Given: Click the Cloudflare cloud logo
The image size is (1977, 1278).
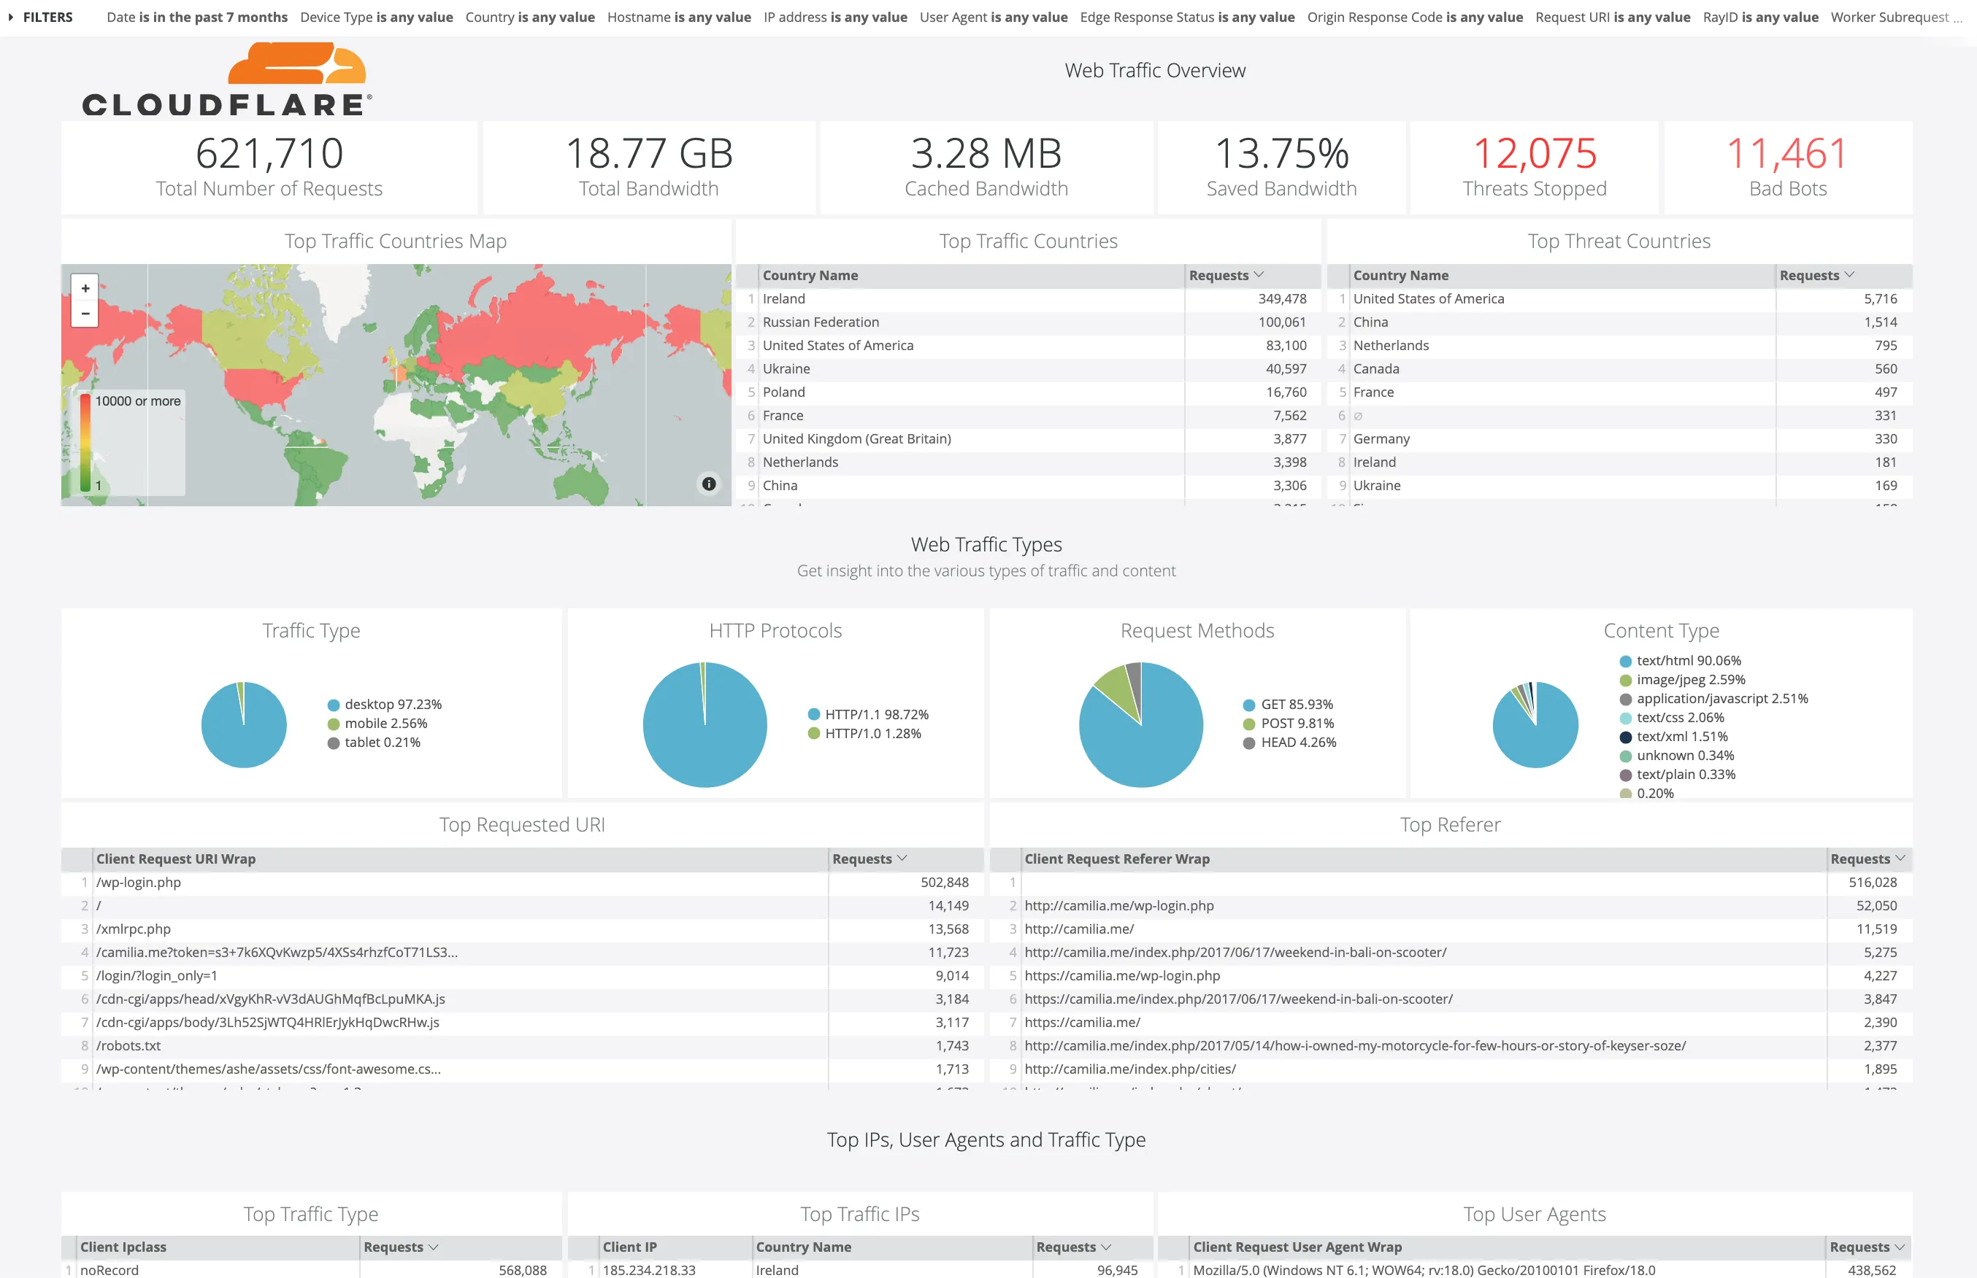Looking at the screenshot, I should pyautogui.click(x=296, y=65).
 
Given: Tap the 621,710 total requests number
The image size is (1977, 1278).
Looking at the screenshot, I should pyautogui.click(x=269, y=153).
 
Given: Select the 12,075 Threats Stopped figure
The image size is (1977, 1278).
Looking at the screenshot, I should pyautogui.click(x=1534, y=153).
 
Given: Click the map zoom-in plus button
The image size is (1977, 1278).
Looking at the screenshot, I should pyautogui.click(x=85, y=288).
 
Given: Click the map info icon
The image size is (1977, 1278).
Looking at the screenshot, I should pyautogui.click(x=708, y=484).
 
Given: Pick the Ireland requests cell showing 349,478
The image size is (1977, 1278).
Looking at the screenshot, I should pyautogui.click(x=1281, y=299).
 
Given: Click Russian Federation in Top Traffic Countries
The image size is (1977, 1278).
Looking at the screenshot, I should pyautogui.click(x=821, y=322).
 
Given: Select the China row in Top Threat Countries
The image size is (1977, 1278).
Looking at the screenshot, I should pyautogui.click(x=1370, y=322).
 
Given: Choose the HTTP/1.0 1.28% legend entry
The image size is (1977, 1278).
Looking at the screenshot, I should pyautogui.click(x=872, y=734).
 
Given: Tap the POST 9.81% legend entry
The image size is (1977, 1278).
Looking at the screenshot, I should pyautogui.click(x=1296, y=724).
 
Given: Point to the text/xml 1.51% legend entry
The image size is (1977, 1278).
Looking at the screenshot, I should pyautogui.click(x=1681, y=737).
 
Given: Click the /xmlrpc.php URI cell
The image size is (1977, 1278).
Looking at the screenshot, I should pyautogui.click(x=134, y=929).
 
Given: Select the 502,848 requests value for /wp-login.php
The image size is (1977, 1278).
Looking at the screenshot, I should pyautogui.click(x=944, y=883).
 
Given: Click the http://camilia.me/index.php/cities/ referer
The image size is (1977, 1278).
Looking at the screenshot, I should pyautogui.click(x=1129, y=1069).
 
